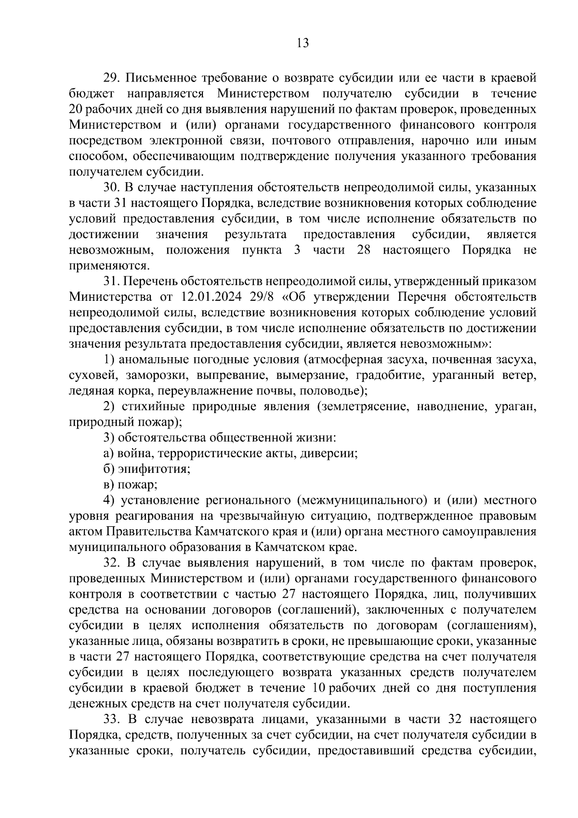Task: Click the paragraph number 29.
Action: tap(112, 78)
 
